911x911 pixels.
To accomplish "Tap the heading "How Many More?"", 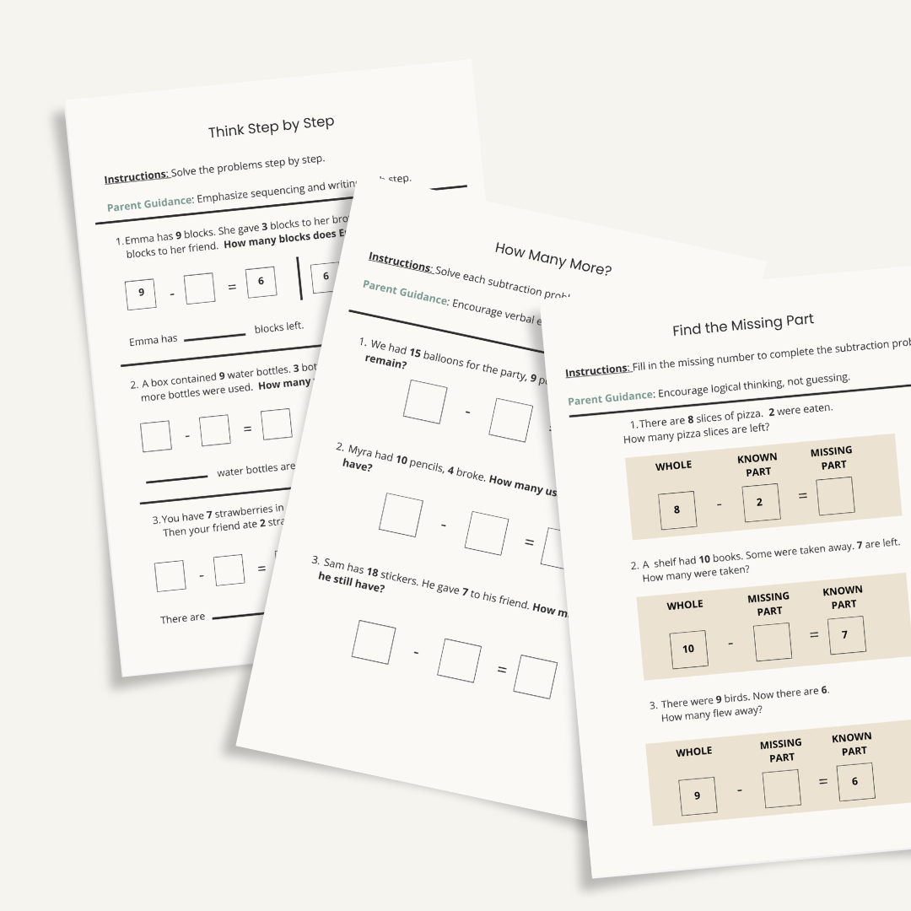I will coord(553,258).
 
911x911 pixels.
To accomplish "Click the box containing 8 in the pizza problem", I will coord(677,509).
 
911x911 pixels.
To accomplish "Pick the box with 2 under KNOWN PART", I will coord(760,503).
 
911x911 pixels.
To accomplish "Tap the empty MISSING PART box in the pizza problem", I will coord(835,496).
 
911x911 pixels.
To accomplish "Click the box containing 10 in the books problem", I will coord(688,648).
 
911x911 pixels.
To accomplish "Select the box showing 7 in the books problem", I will coord(846,635).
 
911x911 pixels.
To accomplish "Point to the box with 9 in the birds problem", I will coord(697,795).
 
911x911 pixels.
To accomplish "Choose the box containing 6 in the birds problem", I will coord(855,782).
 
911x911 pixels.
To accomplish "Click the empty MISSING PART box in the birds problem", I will coord(781,789).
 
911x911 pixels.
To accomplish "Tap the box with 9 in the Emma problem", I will coord(141,293).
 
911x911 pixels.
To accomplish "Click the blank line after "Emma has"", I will coord(215,336).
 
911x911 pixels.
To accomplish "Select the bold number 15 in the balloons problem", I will coord(415,355).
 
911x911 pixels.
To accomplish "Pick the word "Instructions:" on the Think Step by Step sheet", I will coord(136,177).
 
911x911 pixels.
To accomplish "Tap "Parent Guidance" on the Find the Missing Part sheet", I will coord(611,397).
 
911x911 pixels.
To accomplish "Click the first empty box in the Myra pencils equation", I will coord(401,515).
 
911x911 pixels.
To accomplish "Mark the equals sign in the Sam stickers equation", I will coord(501,670).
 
